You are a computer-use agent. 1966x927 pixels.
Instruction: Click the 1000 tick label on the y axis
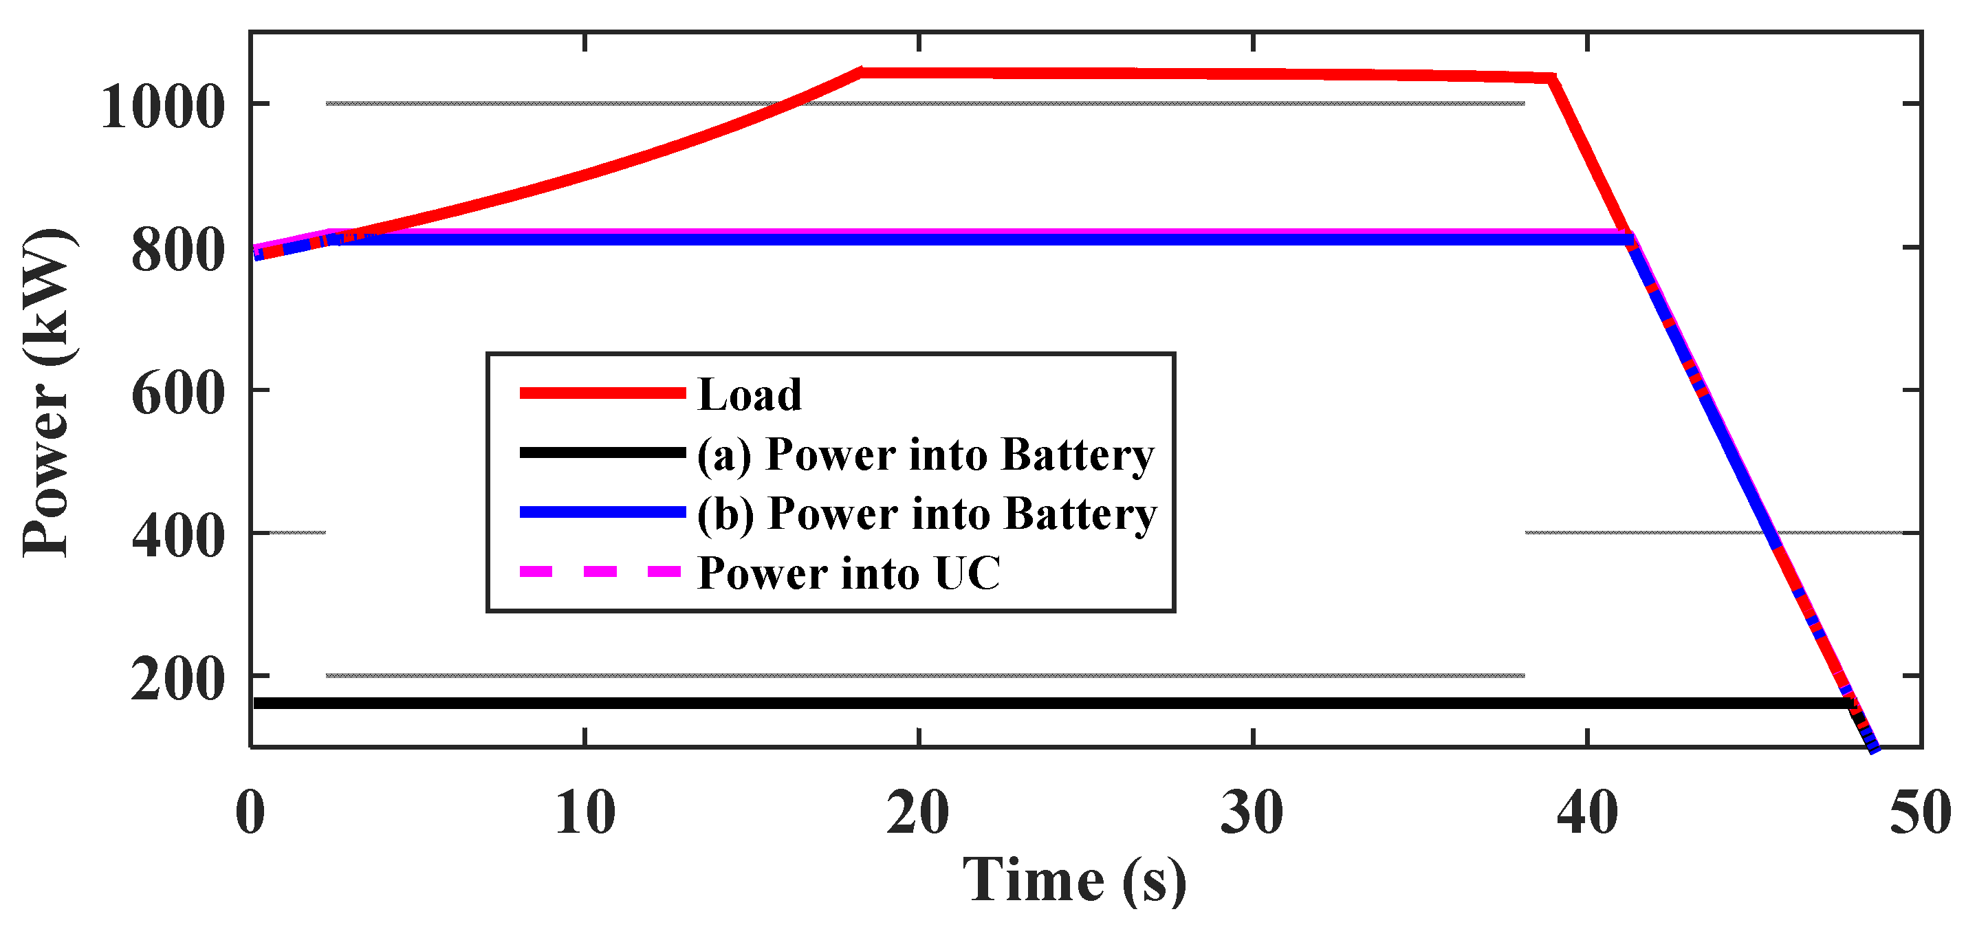click(x=162, y=107)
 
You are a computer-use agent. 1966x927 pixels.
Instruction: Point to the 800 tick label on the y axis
click(x=178, y=251)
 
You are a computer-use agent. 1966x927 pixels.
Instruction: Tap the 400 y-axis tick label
click(x=178, y=537)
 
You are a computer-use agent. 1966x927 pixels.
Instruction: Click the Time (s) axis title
click(x=1074, y=881)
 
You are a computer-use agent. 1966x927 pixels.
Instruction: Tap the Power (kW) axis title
click(x=47, y=392)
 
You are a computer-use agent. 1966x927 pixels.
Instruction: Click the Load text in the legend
click(x=750, y=395)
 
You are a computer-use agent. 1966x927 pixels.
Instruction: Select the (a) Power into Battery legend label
click(x=925, y=455)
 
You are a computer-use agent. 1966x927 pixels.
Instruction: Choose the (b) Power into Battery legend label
click(x=926, y=514)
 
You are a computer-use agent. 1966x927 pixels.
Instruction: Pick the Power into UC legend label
click(x=849, y=573)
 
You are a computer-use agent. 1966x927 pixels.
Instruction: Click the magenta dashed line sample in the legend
click(x=600, y=571)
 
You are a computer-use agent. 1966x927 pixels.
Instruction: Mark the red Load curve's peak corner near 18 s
click(x=861, y=72)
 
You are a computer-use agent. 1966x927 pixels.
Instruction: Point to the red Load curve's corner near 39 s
click(x=1552, y=78)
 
